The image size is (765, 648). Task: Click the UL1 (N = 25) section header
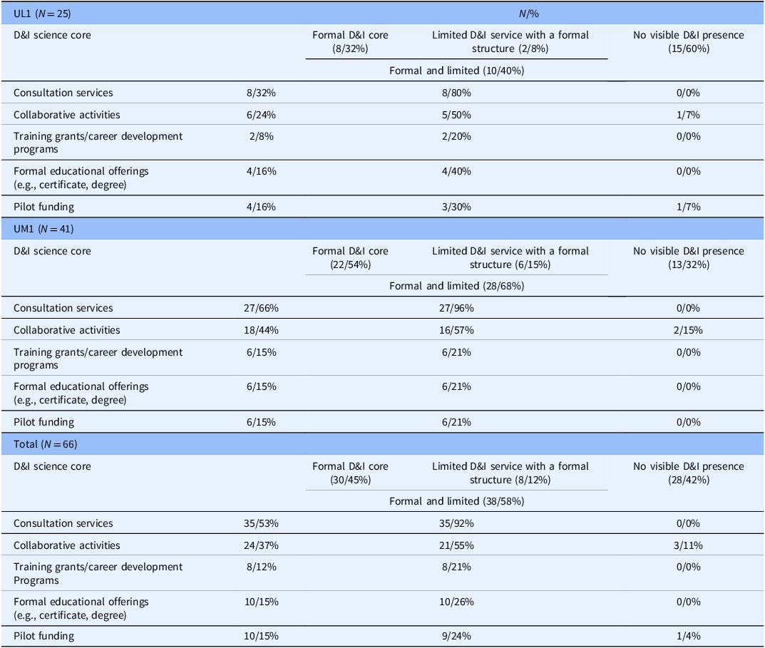point(42,14)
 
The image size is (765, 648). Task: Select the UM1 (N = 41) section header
point(43,229)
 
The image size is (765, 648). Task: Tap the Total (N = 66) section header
point(46,444)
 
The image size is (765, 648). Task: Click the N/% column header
point(529,14)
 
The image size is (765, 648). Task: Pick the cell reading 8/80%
point(456,93)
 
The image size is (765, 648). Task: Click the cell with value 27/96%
point(456,308)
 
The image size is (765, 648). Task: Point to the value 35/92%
point(456,523)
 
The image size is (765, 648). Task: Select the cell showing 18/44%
point(261,330)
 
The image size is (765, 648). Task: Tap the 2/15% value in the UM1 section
point(688,330)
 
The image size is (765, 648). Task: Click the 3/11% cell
point(688,545)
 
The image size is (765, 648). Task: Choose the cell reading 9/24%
point(456,636)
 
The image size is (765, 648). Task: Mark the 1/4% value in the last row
point(689,636)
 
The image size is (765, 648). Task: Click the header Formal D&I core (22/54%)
point(350,257)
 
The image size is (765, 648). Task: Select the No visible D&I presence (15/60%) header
point(689,41)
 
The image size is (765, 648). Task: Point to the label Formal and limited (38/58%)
point(457,501)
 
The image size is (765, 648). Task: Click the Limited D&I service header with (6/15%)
point(510,257)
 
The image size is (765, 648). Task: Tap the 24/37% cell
point(261,545)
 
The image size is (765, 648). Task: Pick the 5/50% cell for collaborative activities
point(456,115)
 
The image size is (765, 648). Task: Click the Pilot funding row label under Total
point(44,637)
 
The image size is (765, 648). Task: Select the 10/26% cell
point(456,602)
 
